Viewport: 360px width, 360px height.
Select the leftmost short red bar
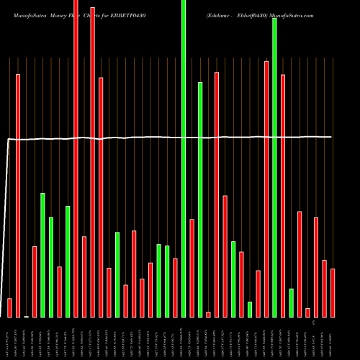[9, 307]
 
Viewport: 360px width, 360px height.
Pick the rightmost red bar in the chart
[333, 292]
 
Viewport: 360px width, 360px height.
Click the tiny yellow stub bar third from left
[27, 316]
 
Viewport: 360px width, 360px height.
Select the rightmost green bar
[291, 302]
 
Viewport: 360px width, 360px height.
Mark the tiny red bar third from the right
[307, 312]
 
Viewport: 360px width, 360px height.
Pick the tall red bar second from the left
[18, 195]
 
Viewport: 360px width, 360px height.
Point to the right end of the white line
[331, 137]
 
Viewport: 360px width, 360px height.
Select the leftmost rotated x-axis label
[9, 338]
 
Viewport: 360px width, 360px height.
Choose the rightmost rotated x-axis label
[333, 338]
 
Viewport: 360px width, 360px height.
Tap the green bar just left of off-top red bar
[68, 261]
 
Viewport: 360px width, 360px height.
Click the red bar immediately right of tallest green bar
[192, 268]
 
